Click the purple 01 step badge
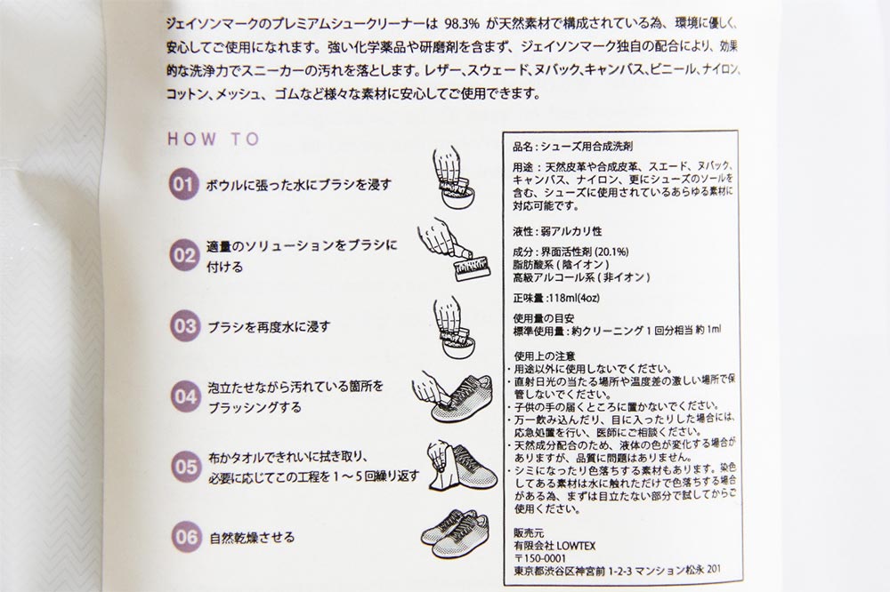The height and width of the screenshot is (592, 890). tap(183, 184)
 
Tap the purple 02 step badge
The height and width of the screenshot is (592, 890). tap(184, 256)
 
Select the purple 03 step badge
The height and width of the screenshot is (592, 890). tap(184, 326)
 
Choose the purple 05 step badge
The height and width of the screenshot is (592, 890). tap(186, 467)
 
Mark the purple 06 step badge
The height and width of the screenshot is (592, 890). tap(186, 536)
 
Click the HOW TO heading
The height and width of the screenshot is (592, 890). tap(214, 139)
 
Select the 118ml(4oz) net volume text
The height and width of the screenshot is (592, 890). tap(573, 298)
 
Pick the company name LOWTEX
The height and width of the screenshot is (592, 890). tap(576, 546)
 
